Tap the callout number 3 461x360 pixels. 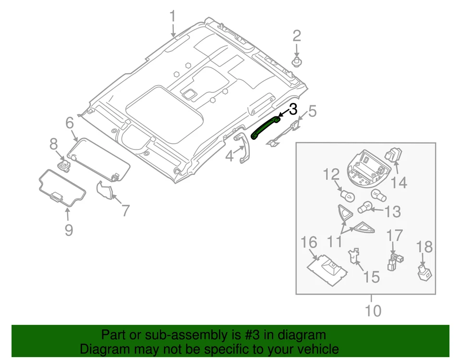292,109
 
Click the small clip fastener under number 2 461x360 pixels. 297,62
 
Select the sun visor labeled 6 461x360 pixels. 98,159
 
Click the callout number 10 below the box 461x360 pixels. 372,311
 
